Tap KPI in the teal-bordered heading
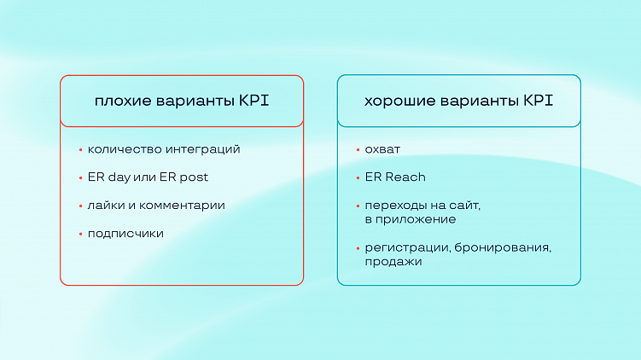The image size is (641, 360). (x=538, y=102)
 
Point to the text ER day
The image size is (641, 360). (x=108, y=177)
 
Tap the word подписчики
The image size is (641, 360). (x=125, y=234)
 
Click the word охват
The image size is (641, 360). (x=382, y=149)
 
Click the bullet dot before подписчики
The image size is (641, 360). (x=80, y=234)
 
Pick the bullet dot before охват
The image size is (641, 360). (x=358, y=150)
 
